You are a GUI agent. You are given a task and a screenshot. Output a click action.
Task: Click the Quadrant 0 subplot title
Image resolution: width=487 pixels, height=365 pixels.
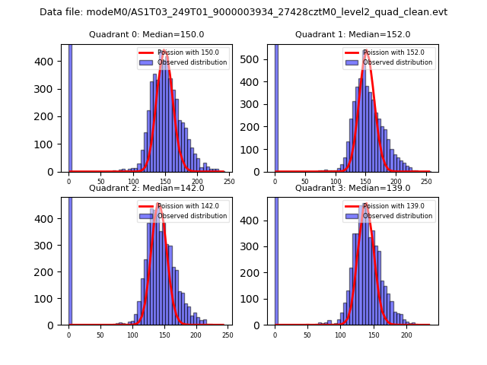coord(146,34)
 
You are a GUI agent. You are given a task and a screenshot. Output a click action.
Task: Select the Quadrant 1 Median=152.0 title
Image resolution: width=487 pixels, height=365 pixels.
coord(352,34)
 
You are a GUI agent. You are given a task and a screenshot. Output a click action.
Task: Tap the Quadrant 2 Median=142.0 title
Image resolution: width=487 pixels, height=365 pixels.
coord(146,188)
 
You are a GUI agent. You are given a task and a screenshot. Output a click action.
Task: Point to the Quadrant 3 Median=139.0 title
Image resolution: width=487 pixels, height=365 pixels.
coord(352,188)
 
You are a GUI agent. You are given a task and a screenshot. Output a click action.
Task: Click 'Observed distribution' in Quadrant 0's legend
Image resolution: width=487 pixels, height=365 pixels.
coord(192,62)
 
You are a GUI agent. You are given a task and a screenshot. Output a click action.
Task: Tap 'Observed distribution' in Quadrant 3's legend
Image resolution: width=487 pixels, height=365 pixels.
coord(397,216)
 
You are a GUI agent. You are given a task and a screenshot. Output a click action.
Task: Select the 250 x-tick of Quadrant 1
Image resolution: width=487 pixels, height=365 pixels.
coord(424,182)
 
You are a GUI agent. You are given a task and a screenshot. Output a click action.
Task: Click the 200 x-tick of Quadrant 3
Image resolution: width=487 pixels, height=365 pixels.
coord(406,335)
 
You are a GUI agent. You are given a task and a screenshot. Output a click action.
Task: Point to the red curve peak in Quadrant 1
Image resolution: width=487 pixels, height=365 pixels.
coord(366,51)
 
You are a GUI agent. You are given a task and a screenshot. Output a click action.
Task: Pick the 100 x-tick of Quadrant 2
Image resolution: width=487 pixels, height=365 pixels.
coord(132,335)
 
